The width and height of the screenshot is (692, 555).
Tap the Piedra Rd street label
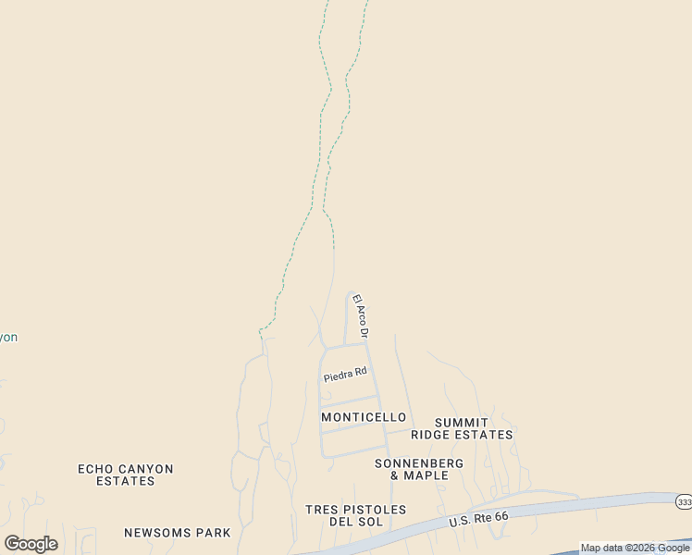tap(345, 375)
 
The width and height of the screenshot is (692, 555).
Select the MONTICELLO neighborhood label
tap(364, 417)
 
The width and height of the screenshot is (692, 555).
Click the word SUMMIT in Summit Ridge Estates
tap(461, 422)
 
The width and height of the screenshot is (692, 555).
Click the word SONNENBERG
tap(420, 462)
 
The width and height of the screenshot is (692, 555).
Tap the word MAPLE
tap(428, 475)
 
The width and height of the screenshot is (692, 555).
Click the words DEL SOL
tap(356, 523)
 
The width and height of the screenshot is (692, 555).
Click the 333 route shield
tap(683, 500)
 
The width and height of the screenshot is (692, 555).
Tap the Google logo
tap(31, 544)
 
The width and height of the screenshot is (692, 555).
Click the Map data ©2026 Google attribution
tap(635, 548)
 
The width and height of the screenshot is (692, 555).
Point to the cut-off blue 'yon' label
tap(8, 338)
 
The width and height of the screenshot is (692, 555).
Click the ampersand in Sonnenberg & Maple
tap(395, 475)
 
